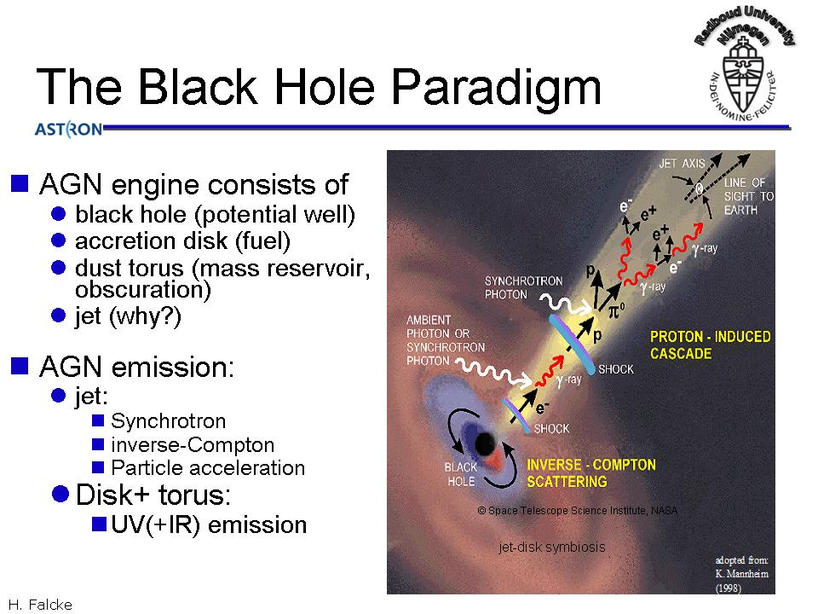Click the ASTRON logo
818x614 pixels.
coord(68,129)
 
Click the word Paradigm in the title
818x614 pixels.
coord(496,88)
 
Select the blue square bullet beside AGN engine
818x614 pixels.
coord(20,184)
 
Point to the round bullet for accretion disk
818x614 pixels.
coord(59,240)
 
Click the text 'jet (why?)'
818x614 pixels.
coord(128,316)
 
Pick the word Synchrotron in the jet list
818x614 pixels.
coord(168,420)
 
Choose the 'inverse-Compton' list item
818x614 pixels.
coord(193,445)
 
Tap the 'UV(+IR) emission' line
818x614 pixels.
coord(209,524)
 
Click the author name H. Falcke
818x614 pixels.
coord(40,605)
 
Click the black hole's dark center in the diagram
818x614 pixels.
coord(485,444)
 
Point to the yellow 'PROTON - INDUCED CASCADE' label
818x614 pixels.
coord(710,345)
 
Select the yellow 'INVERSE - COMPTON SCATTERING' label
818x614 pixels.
coord(591,473)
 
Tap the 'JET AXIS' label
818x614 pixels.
coord(682,164)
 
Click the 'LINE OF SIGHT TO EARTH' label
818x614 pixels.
coord(749,196)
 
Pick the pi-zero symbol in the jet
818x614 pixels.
coord(616,310)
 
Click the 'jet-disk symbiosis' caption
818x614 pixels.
coord(552,547)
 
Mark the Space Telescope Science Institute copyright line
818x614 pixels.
coord(578,510)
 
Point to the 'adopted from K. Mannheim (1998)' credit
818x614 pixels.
coord(742,574)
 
